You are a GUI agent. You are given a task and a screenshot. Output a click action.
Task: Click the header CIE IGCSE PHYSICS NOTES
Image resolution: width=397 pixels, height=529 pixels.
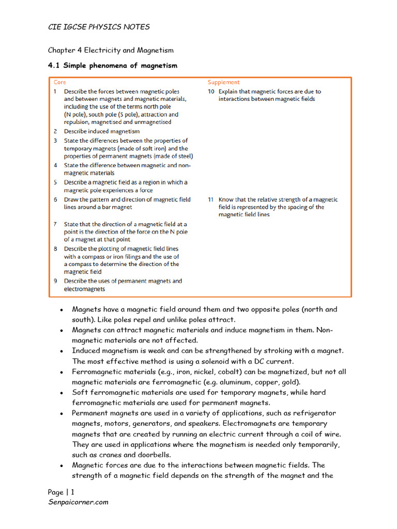(x=99, y=27)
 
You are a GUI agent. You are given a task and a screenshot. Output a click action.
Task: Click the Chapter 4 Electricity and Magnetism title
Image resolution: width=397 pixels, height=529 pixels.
(x=111, y=50)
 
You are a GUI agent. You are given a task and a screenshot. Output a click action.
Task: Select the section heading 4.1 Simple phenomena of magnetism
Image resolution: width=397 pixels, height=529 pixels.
(x=112, y=66)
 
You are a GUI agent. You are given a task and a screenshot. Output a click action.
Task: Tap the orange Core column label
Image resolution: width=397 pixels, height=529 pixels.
(x=60, y=82)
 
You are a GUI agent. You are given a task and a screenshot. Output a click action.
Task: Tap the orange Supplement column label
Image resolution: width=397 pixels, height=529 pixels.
(x=224, y=82)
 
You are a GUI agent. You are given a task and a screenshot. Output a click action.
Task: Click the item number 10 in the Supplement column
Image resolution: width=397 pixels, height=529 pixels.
(x=211, y=91)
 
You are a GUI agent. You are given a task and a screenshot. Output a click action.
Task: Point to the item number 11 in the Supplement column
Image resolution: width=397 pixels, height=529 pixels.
(x=211, y=199)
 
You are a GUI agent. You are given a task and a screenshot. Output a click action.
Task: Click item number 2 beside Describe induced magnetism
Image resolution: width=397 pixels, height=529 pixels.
(x=55, y=132)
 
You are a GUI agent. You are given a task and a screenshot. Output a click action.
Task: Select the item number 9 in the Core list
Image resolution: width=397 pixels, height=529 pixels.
(x=55, y=281)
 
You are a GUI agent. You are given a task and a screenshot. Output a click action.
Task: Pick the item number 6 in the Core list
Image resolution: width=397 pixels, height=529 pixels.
(x=55, y=199)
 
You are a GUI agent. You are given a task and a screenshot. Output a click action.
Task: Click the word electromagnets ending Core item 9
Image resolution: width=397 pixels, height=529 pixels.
(x=84, y=289)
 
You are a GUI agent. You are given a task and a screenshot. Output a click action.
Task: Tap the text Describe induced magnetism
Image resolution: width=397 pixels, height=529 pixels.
(x=101, y=132)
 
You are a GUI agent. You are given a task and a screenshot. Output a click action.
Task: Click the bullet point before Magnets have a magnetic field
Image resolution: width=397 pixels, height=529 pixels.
(x=62, y=310)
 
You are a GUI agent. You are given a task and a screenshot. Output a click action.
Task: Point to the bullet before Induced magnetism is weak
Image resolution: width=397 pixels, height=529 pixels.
(x=62, y=351)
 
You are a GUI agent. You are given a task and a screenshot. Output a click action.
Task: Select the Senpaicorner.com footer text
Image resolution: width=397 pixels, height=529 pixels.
(x=78, y=502)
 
